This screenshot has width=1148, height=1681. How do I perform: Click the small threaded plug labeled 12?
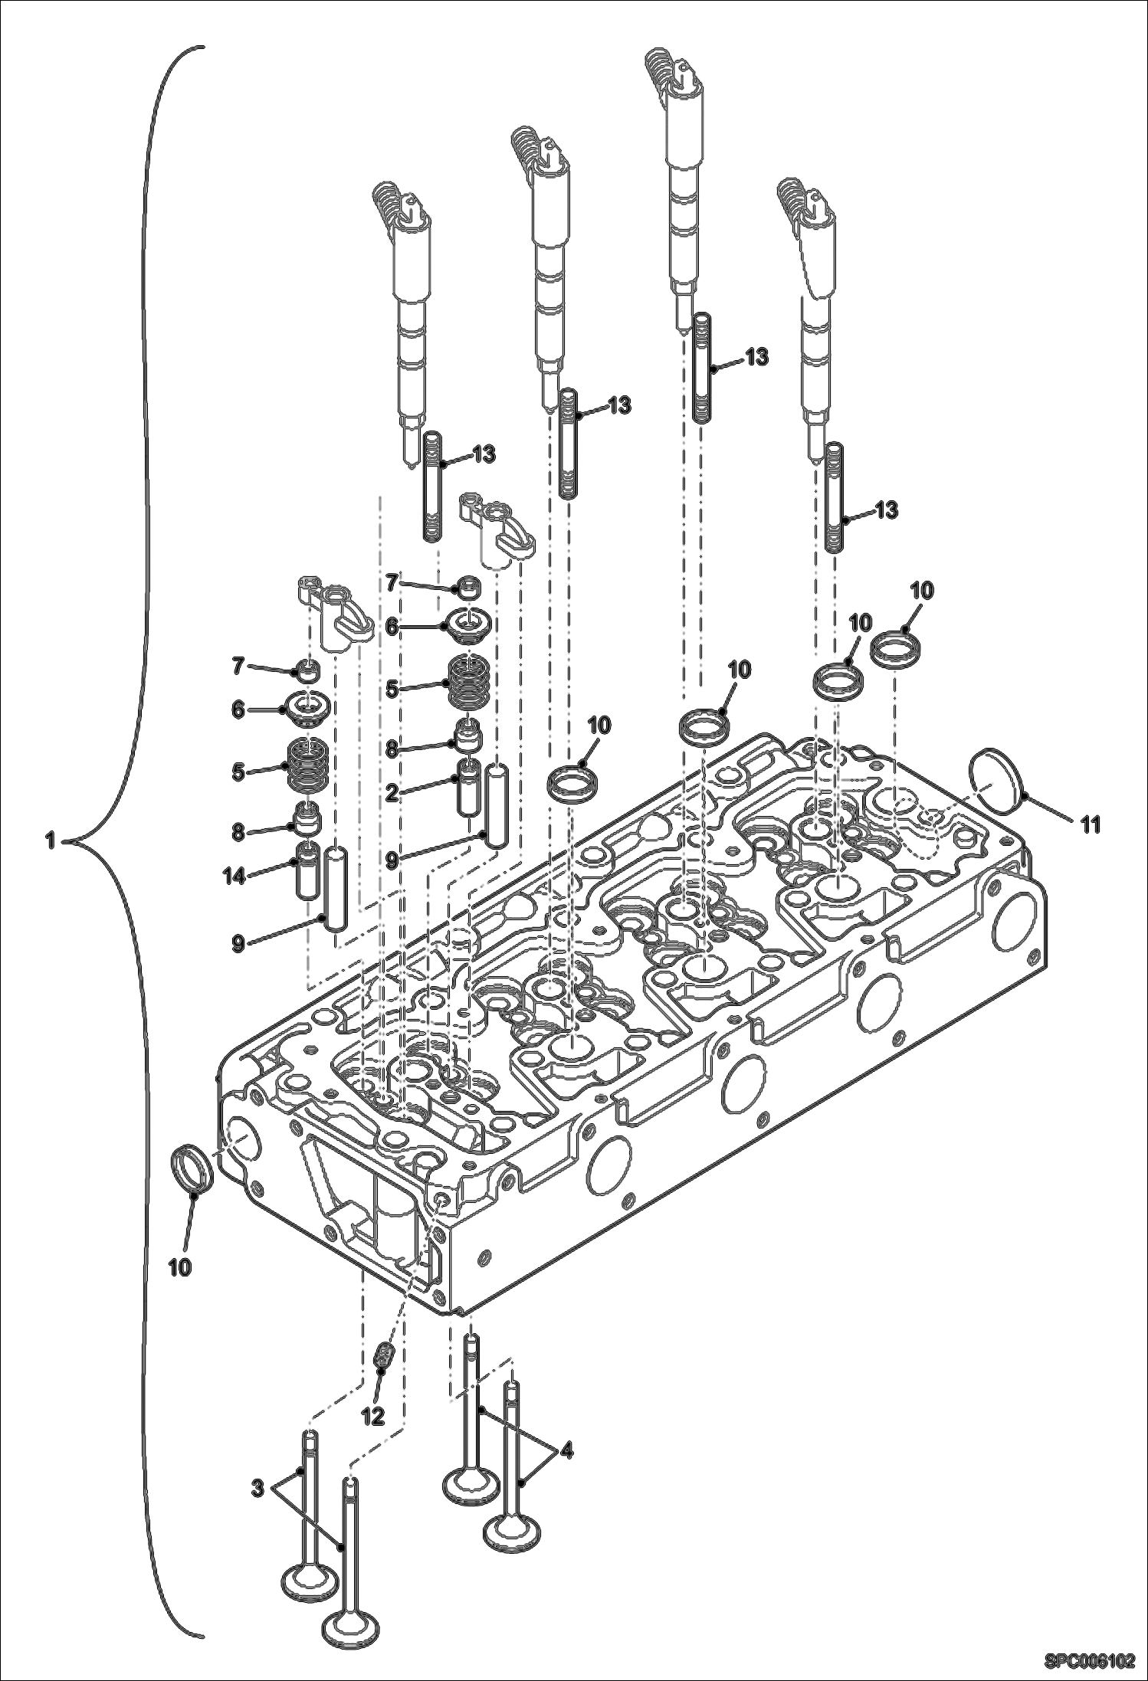pos(384,1357)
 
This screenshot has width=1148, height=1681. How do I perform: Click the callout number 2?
pos(392,794)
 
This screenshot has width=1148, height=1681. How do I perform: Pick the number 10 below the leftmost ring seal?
pos(179,1266)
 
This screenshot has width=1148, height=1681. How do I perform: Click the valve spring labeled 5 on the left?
pos(309,766)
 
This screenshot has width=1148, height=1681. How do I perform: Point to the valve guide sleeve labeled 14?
pos(309,871)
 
